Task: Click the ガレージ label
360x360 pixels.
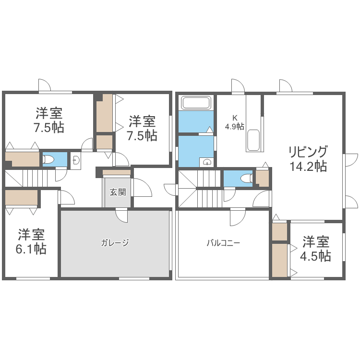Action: pos(115,242)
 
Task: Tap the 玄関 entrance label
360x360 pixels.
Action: pos(118,192)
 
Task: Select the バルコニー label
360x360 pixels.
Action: pos(223,242)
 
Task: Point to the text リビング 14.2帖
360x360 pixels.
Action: pos(308,159)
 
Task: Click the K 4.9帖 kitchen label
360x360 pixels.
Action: pos(235,122)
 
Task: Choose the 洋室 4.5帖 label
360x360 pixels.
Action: pos(315,249)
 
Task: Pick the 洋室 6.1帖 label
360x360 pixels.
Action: pos(32,242)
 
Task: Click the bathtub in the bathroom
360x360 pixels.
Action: pos(196,103)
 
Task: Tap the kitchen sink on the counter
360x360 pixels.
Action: pos(254,140)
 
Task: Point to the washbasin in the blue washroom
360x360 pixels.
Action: pos(207,162)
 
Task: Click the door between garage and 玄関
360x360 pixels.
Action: pos(122,216)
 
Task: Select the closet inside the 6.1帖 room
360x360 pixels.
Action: pos(22,198)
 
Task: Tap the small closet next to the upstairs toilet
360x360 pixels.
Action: pos(263,178)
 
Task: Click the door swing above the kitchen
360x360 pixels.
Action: pos(238,86)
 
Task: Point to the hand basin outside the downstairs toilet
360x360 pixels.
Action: pos(76,161)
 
